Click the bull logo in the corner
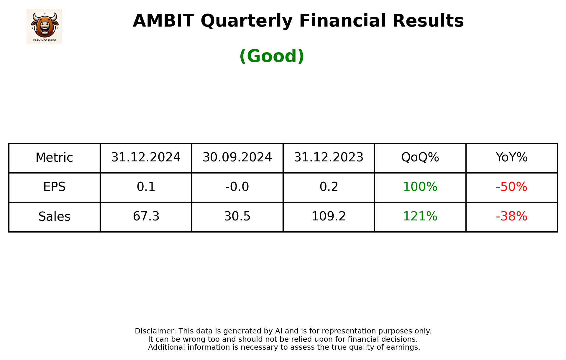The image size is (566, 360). (44, 27)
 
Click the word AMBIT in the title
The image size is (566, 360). (163, 21)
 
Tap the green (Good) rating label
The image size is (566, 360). (272, 56)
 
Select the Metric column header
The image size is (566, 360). (54, 158)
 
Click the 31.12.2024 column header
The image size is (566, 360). (146, 158)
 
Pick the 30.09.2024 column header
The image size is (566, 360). (237, 158)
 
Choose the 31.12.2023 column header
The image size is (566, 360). (329, 158)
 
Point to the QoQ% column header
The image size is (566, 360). (420, 158)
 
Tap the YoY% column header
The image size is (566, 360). (511, 158)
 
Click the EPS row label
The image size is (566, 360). (54, 187)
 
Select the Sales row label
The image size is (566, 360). (54, 217)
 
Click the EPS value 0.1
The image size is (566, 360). (146, 187)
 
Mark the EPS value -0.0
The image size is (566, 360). (237, 187)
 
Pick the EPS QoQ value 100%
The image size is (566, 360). (420, 187)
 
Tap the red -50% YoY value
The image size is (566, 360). (511, 187)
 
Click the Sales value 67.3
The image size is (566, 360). (146, 217)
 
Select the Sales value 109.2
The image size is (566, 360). (329, 217)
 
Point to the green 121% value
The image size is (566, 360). (420, 217)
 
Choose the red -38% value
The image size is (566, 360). (511, 217)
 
